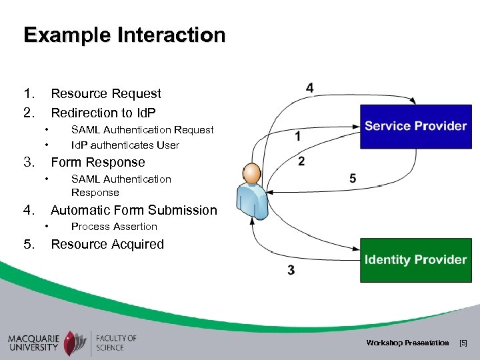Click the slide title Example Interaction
124,35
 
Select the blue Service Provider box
415,126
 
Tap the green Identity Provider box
415,259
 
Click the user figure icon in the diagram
253,191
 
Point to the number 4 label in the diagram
310,88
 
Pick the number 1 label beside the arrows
297,136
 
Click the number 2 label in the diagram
301,161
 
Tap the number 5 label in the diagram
353,178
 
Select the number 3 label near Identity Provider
291,270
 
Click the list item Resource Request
106,94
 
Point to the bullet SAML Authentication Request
142,129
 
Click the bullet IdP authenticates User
125,145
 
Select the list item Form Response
97,162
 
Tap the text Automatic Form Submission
133,210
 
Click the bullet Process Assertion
114,227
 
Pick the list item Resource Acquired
107,244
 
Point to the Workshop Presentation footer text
407,343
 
